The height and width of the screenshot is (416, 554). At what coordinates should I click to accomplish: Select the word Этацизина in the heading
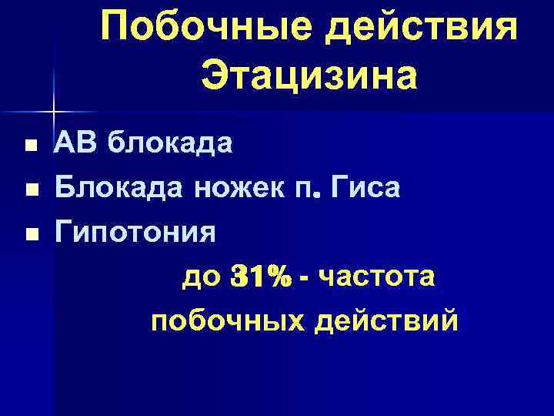309,77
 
